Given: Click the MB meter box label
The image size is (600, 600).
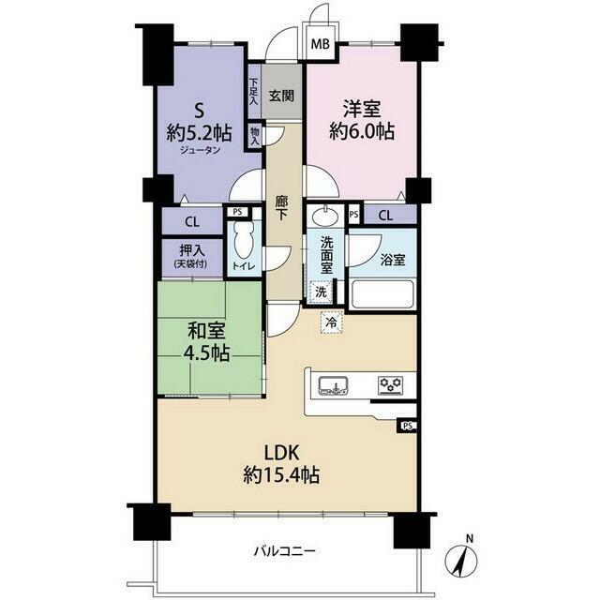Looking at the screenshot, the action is point(320,44).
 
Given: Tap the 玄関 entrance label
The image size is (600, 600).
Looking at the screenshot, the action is point(281,96).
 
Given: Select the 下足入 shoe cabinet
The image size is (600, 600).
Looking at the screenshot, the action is point(254,92).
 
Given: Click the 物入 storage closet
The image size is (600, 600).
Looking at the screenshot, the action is point(254,136).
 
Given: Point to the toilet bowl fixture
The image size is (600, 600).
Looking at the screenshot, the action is point(244,240).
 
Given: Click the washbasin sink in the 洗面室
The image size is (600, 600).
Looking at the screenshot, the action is point(325,217).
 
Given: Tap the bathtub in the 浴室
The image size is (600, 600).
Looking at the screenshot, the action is point(382,294).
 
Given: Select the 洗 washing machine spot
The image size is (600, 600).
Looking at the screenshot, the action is point(321,292).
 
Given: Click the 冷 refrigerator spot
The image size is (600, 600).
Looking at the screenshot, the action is point(331,322).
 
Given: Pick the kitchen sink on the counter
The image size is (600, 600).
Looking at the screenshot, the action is point(334,385).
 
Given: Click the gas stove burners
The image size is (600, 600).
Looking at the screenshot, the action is point(390,385).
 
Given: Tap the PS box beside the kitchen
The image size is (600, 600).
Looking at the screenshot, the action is point(407,426).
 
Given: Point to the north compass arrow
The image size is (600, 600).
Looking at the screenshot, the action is point(461,559).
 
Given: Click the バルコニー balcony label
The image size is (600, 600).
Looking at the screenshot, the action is point(285,551).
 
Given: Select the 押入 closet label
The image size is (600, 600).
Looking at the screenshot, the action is point(191,250).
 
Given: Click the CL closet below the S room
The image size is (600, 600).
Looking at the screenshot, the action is point(192,221).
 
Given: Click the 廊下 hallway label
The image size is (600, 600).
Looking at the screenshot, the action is point(281,208).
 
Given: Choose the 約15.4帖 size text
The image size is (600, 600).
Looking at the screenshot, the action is point(281,475).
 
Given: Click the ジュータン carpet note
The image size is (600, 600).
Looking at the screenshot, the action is point(200,150).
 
